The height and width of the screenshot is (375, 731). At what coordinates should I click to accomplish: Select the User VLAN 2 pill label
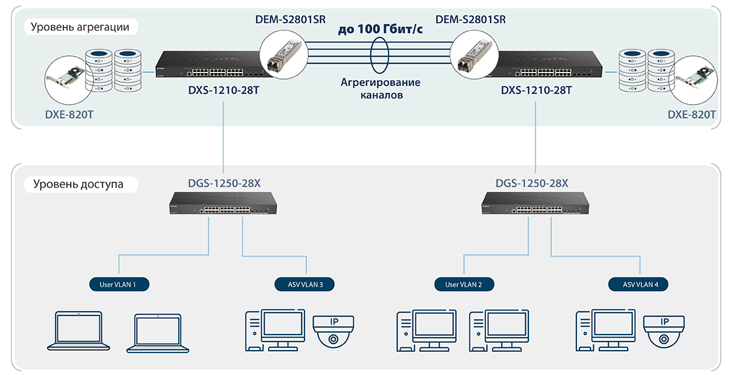tap(464, 283)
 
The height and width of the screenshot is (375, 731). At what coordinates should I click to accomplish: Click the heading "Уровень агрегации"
tap(81, 27)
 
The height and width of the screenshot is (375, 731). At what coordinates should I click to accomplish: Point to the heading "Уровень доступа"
tap(78, 184)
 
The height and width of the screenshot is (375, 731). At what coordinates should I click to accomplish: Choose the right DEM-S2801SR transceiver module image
tap(476, 54)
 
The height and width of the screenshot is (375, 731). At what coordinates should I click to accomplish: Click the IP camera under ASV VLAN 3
tap(332, 330)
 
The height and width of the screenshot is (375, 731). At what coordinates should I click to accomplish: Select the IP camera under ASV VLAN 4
tap(664, 330)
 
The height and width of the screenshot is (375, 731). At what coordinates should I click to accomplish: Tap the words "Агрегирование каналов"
tap(380, 89)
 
